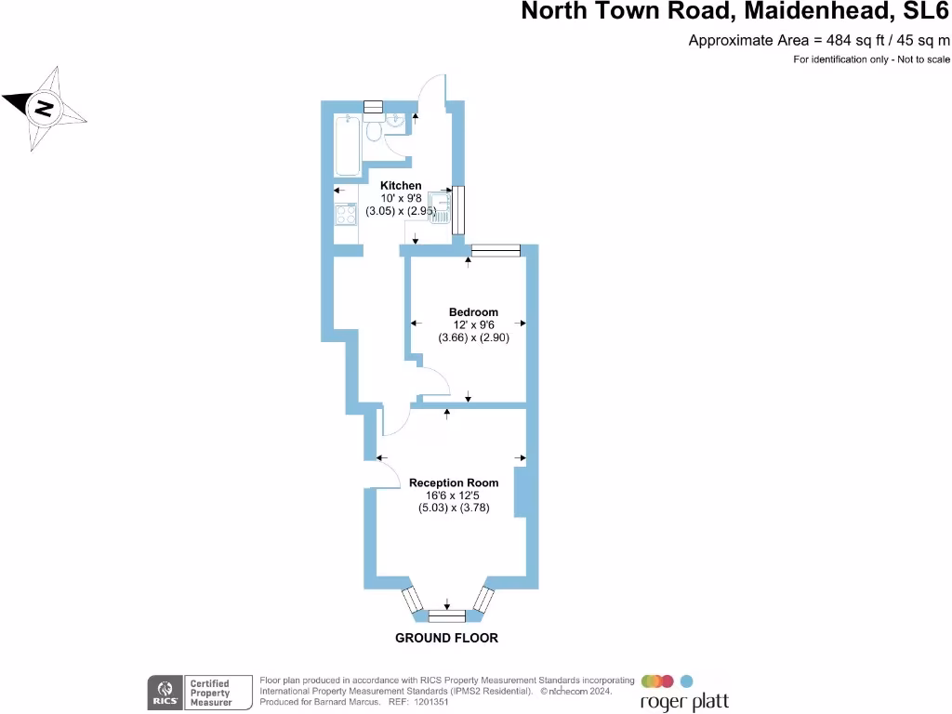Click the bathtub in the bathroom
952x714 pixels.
[348, 145]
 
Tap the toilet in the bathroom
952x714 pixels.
[374, 128]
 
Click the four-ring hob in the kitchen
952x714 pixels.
[346, 214]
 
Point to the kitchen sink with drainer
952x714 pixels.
[439, 207]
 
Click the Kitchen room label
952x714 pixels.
[401, 186]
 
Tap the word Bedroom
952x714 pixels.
[473, 312]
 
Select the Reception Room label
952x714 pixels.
[454, 483]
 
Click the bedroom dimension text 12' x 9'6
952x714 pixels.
[473, 324]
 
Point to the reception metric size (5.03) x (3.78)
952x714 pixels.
[454, 508]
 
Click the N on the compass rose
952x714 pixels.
[44, 109]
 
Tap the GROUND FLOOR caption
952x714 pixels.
[447, 638]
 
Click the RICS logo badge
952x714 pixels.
[165, 693]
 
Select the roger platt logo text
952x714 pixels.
[684, 703]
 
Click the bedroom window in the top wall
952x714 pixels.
[496, 250]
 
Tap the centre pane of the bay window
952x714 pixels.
[447, 616]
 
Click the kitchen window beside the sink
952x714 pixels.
[458, 210]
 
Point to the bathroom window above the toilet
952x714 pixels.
[374, 107]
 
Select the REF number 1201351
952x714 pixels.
[431, 702]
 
